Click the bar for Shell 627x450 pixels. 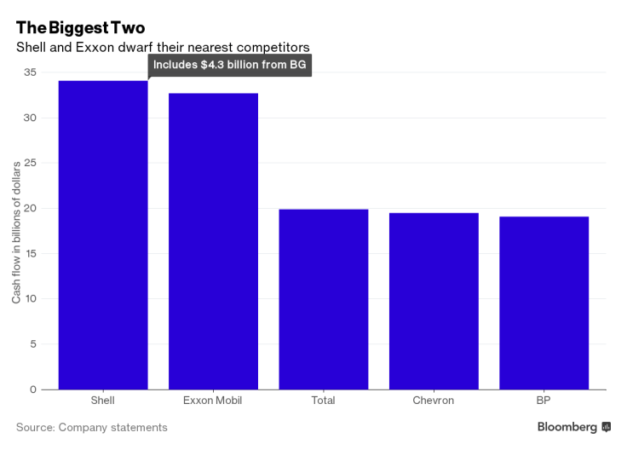coord(102,235)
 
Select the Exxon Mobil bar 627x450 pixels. coord(213,241)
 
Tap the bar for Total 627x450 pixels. coord(324,299)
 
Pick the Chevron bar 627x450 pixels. coord(434,301)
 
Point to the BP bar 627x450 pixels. coord(544,303)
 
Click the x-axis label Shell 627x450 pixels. coord(102,400)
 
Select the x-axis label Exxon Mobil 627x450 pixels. coord(213,400)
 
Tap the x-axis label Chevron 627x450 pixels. coord(434,400)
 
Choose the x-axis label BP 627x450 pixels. coord(544,400)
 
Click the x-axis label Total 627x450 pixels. coord(324,400)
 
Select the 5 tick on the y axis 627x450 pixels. coord(33,344)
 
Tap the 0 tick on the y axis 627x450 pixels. coord(33,389)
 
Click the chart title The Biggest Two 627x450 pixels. coord(80,27)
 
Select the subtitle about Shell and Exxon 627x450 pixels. coord(162,47)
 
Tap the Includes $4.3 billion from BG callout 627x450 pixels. coord(230,66)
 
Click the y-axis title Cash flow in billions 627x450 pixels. coord(16,230)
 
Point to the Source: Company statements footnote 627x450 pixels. coord(92,427)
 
